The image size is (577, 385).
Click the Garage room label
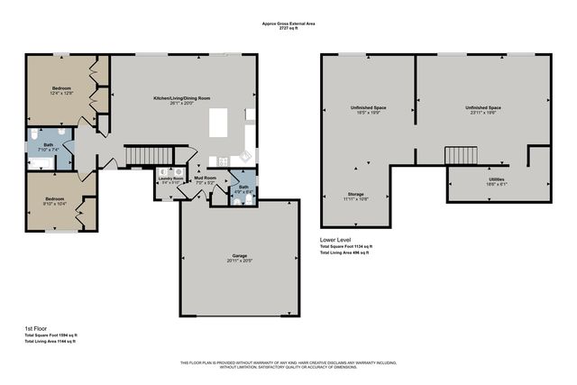(x=240, y=257)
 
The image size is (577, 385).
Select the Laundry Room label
(x=170, y=179)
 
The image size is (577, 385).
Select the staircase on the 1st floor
(x=141, y=157)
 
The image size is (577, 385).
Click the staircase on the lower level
(x=459, y=156)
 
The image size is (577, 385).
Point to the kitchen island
(x=218, y=122)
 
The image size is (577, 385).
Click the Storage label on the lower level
(x=356, y=196)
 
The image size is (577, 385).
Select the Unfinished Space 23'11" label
(x=483, y=110)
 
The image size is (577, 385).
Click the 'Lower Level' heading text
(x=335, y=240)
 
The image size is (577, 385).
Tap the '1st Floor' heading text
(x=37, y=329)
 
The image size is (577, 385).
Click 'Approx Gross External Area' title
(x=288, y=24)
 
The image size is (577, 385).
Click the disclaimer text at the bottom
(x=288, y=364)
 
